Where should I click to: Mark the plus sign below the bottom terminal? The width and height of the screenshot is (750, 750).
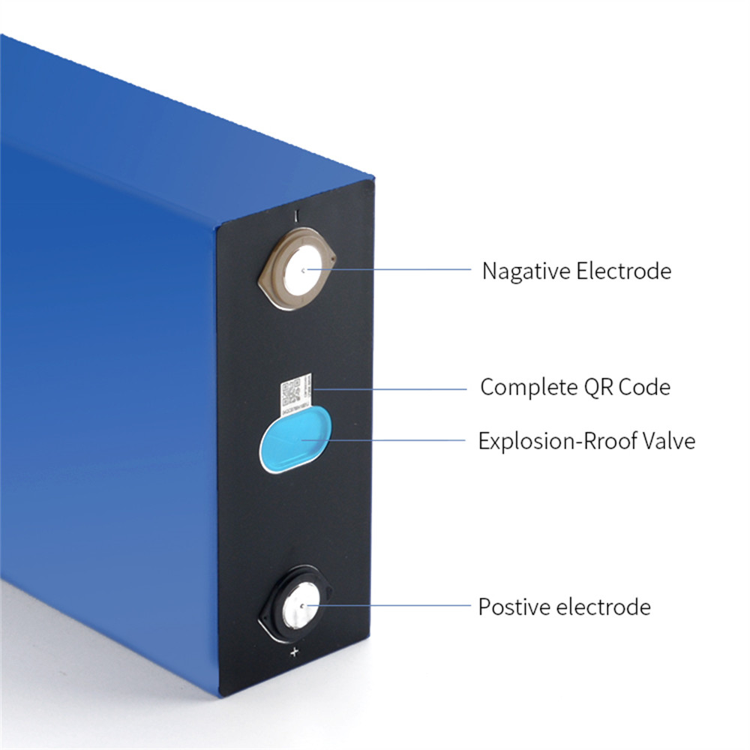[294, 652]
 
